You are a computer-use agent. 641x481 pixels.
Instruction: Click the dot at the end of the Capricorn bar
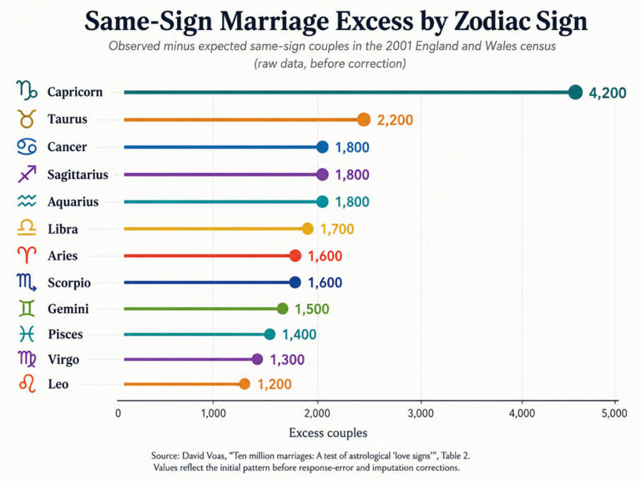pos(575,93)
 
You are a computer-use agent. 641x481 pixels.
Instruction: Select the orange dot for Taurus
pos(363,119)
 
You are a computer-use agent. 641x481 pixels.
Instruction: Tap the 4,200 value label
pos(607,94)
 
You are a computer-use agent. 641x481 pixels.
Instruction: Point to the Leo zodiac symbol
pos(28,383)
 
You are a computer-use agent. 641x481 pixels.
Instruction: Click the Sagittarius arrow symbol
pos(27,175)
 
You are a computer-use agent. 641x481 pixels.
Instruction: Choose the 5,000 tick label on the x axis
pos(614,413)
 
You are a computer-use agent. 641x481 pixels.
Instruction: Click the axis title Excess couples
pos(328,433)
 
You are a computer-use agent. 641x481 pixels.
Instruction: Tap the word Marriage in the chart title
pos(275,21)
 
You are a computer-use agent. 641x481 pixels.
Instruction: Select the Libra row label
pos(63,229)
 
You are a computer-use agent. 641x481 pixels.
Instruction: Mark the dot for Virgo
pos(257,360)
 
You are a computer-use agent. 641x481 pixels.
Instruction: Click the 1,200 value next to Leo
pos(275,384)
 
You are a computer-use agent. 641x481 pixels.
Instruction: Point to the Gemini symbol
pos(27,308)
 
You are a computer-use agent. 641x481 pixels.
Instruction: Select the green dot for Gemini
pos(282,308)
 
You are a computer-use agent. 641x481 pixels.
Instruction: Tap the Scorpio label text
pos(69,282)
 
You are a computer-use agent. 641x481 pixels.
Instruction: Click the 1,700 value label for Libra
pos(337,229)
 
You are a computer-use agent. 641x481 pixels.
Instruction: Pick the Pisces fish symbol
pos(27,334)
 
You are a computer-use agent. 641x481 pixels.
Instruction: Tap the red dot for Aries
pos(295,256)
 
